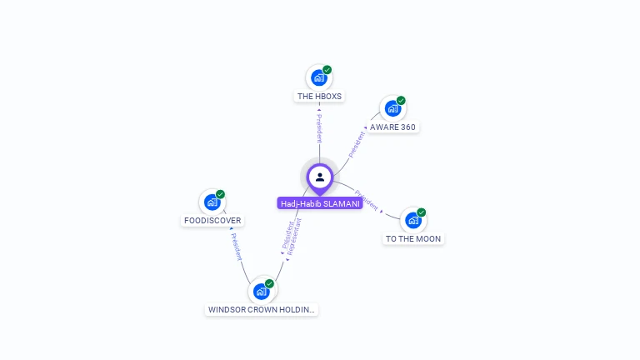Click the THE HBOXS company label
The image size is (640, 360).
point(319,97)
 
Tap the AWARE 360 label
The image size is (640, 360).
point(392,127)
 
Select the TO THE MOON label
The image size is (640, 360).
point(413,239)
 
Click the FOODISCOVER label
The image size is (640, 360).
point(212,220)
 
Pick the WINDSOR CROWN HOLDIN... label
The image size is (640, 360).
point(261,309)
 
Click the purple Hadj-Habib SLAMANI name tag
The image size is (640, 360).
point(320,203)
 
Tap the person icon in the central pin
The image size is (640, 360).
point(320,177)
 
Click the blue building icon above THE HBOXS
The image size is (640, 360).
point(319,77)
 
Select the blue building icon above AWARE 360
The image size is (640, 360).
point(392,108)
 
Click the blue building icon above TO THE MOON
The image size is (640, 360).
point(413,220)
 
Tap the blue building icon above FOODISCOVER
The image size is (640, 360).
point(212,202)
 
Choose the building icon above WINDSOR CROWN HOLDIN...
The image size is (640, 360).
point(261,292)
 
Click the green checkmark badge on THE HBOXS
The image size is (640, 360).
point(327,70)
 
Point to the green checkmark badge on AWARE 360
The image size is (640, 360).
point(401,100)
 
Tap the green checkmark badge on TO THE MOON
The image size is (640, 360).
point(421,212)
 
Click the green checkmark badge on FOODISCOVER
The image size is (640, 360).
point(220,194)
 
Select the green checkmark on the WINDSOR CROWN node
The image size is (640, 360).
point(269,283)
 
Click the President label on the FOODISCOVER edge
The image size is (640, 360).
point(237,247)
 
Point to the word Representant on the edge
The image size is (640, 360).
point(294,237)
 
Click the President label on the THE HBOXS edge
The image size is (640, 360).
point(319,128)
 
